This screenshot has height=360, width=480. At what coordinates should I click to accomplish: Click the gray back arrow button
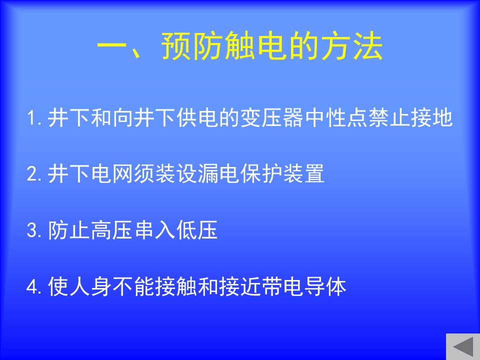[x=463, y=346]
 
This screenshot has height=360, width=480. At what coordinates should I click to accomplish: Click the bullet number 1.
[x=33, y=118]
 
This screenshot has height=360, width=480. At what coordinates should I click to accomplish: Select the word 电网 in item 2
[x=111, y=173]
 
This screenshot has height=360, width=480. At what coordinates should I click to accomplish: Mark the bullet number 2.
[x=33, y=174]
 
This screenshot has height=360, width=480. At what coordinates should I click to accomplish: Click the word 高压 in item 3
[x=111, y=230]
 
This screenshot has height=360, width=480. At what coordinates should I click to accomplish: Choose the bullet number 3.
[x=33, y=230]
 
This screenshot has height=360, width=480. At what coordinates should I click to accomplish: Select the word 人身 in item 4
[x=90, y=286]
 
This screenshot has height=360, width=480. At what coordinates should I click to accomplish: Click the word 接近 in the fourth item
[x=240, y=286]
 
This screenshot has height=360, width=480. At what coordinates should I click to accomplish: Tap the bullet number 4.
[x=33, y=287]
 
